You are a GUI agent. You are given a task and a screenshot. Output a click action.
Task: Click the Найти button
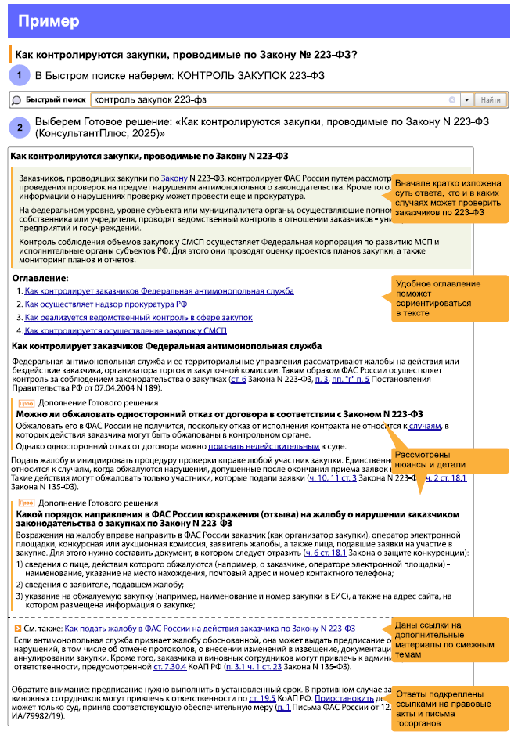(491, 100)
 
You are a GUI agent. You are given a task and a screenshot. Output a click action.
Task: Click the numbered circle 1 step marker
(20, 76)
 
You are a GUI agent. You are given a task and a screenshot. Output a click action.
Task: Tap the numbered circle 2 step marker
(20, 127)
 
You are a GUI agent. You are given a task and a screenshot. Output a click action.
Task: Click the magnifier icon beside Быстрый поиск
(16, 100)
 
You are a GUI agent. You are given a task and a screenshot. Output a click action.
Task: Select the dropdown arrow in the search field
(466, 100)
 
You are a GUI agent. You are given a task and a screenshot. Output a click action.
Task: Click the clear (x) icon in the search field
(452, 100)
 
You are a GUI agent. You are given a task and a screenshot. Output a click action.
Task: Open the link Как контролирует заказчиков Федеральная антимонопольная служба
(159, 291)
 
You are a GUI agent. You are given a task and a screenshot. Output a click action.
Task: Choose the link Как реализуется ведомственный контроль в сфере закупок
(138, 318)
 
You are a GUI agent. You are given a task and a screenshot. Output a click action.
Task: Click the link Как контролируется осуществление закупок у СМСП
(125, 330)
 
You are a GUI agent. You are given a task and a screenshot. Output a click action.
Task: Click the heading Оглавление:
(40, 278)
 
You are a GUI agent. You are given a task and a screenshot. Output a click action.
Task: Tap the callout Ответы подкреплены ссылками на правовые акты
(448, 708)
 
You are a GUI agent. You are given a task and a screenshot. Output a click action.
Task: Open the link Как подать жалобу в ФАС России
(210, 629)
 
